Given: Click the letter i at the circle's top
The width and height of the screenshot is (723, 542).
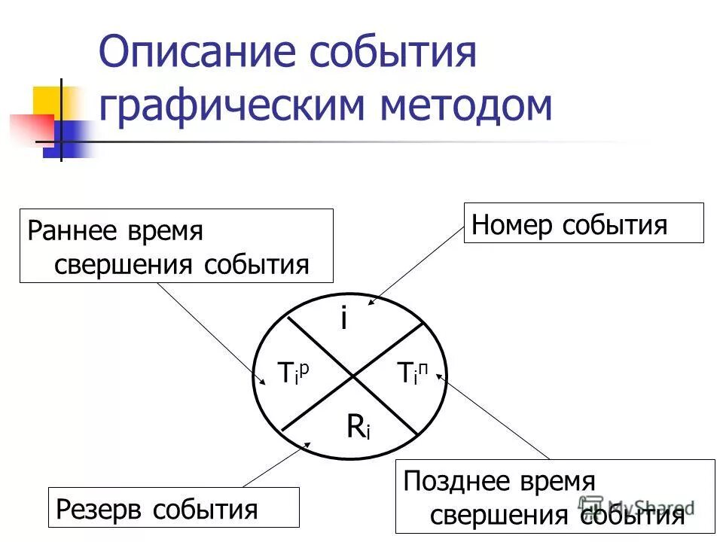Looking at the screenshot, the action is click(x=343, y=319).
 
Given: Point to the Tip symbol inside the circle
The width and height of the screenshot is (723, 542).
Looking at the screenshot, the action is click(x=294, y=372).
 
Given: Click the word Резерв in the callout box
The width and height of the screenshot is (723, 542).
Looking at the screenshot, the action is click(x=99, y=510).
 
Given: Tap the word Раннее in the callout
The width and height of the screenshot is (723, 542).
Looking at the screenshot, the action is click(x=72, y=230).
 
